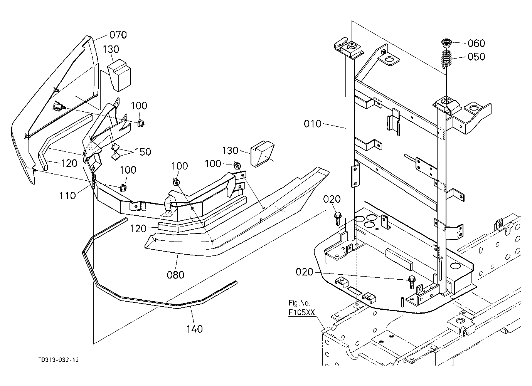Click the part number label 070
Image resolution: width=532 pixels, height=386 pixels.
click(x=118, y=35)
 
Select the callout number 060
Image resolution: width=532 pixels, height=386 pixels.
click(x=476, y=43)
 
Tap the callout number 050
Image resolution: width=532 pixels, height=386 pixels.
click(x=476, y=57)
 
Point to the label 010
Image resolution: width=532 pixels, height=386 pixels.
click(x=313, y=124)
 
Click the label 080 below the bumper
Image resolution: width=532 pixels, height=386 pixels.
click(x=175, y=275)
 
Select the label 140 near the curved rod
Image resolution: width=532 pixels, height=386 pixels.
click(x=194, y=329)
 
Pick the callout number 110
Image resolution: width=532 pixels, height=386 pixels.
click(x=67, y=196)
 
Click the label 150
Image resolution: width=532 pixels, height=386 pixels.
click(x=143, y=152)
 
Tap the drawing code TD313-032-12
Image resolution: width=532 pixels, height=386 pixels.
click(x=59, y=360)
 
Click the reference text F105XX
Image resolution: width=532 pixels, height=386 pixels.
click(x=301, y=312)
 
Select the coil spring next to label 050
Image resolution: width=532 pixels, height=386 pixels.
click(x=446, y=59)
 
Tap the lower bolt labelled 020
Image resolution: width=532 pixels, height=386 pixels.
click(x=411, y=282)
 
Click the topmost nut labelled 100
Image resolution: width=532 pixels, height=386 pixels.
click(x=141, y=123)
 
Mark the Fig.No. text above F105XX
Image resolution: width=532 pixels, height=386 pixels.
click(x=299, y=303)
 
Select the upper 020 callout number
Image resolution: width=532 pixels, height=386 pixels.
click(x=332, y=199)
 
